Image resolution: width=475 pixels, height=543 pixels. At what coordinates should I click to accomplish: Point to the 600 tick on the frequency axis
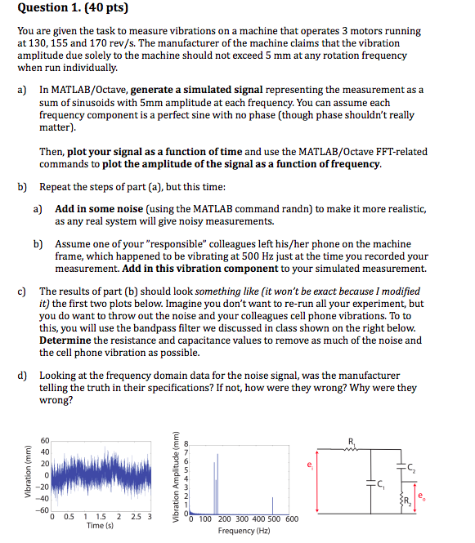(292, 519)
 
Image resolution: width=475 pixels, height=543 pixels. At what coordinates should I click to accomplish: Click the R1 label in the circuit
(353, 442)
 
